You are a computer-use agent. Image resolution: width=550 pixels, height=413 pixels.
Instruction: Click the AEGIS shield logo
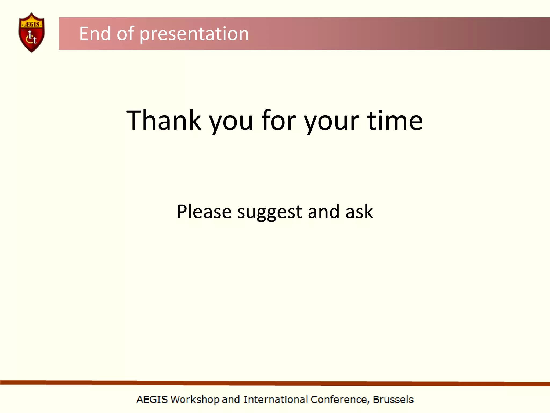tap(32, 32)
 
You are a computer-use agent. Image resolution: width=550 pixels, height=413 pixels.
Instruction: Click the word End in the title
tap(95, 34)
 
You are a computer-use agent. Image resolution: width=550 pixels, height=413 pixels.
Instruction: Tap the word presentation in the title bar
tap(194, 34)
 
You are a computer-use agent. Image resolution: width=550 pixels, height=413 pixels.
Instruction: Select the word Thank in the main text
tap(164, 121)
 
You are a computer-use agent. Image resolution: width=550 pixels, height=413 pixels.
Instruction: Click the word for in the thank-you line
tap(278, 121)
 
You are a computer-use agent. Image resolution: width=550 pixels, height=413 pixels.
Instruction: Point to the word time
tap(395, 121)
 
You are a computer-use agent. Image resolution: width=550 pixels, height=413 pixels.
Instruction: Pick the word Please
tap(204, 212)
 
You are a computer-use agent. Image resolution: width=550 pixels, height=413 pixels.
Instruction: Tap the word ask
tap(359, 212)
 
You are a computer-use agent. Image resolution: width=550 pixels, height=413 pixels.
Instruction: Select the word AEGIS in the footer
tap(152, 400)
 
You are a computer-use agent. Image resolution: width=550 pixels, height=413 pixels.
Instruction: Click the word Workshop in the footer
tap(195, 400)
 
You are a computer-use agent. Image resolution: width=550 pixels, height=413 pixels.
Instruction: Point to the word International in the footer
tap(275, 400)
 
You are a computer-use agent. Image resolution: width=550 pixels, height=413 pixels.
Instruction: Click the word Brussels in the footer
tap(393, 400)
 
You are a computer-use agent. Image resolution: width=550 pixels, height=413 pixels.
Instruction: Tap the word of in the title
tap(125, 34)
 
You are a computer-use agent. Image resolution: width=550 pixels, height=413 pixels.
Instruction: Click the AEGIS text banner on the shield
tap(32, 24)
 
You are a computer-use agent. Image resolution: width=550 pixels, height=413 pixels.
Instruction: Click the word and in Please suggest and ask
tap(324, 212)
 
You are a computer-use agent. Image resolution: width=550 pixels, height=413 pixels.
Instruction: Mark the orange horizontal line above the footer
tap(275, 383)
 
